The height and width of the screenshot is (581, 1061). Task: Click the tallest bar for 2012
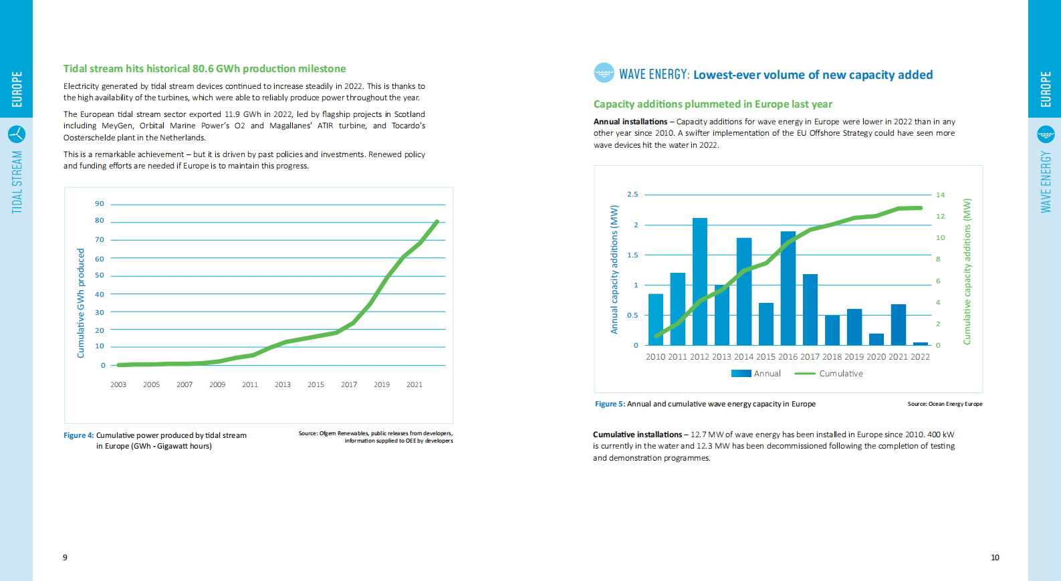coord(699,281)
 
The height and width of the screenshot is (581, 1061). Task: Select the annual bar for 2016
coord(788,287)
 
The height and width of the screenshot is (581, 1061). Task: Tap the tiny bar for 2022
coord(921,344)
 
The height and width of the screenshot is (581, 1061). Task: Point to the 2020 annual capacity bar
coord(876,339)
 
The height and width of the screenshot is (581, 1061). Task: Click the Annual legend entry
coord(756,374)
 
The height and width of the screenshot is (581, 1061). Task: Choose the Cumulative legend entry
coord(829,374)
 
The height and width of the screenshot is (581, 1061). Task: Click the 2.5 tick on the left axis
coord(632,195)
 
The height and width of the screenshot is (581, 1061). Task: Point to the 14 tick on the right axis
coord(940,195)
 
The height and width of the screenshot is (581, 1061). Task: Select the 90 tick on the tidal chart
coord(100,204)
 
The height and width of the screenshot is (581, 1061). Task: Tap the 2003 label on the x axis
coord(118,384)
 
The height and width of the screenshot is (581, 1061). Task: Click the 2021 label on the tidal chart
coord(415,384)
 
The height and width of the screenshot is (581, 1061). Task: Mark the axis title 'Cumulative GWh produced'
coord(81,303)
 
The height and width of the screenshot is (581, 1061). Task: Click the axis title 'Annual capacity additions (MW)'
coord(614,269)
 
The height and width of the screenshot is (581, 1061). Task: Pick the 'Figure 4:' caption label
coord(79,435)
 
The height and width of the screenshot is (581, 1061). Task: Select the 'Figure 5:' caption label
coord(610,404)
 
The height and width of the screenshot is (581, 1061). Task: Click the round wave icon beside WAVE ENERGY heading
coord(604,72)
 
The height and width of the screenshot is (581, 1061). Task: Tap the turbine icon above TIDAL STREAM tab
coord(17,134)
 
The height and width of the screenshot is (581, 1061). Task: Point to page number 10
coord(995,558)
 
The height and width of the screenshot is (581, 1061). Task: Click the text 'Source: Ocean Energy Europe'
coord(945,404)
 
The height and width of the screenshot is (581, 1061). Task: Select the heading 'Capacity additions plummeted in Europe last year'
coord(713,104)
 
